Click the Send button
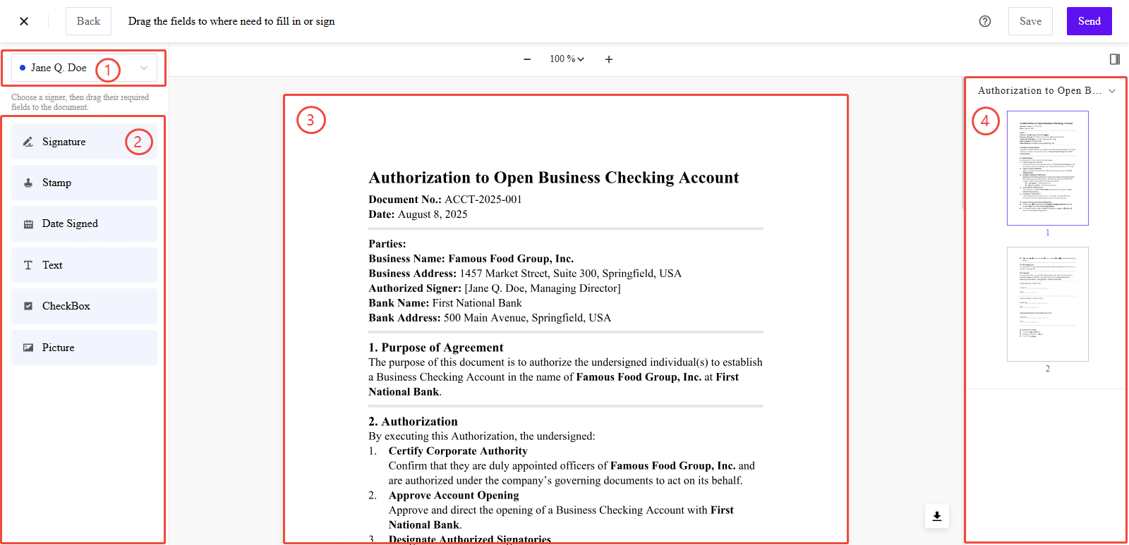1089,21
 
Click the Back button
88,21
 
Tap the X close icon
24,21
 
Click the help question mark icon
985,21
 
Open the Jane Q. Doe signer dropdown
84,68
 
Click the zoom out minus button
527,59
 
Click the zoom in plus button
609,59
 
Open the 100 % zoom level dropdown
567,59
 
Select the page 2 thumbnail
1047,304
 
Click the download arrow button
937,516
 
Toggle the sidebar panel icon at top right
1115,59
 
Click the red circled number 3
310,120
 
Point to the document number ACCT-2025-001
483,200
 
